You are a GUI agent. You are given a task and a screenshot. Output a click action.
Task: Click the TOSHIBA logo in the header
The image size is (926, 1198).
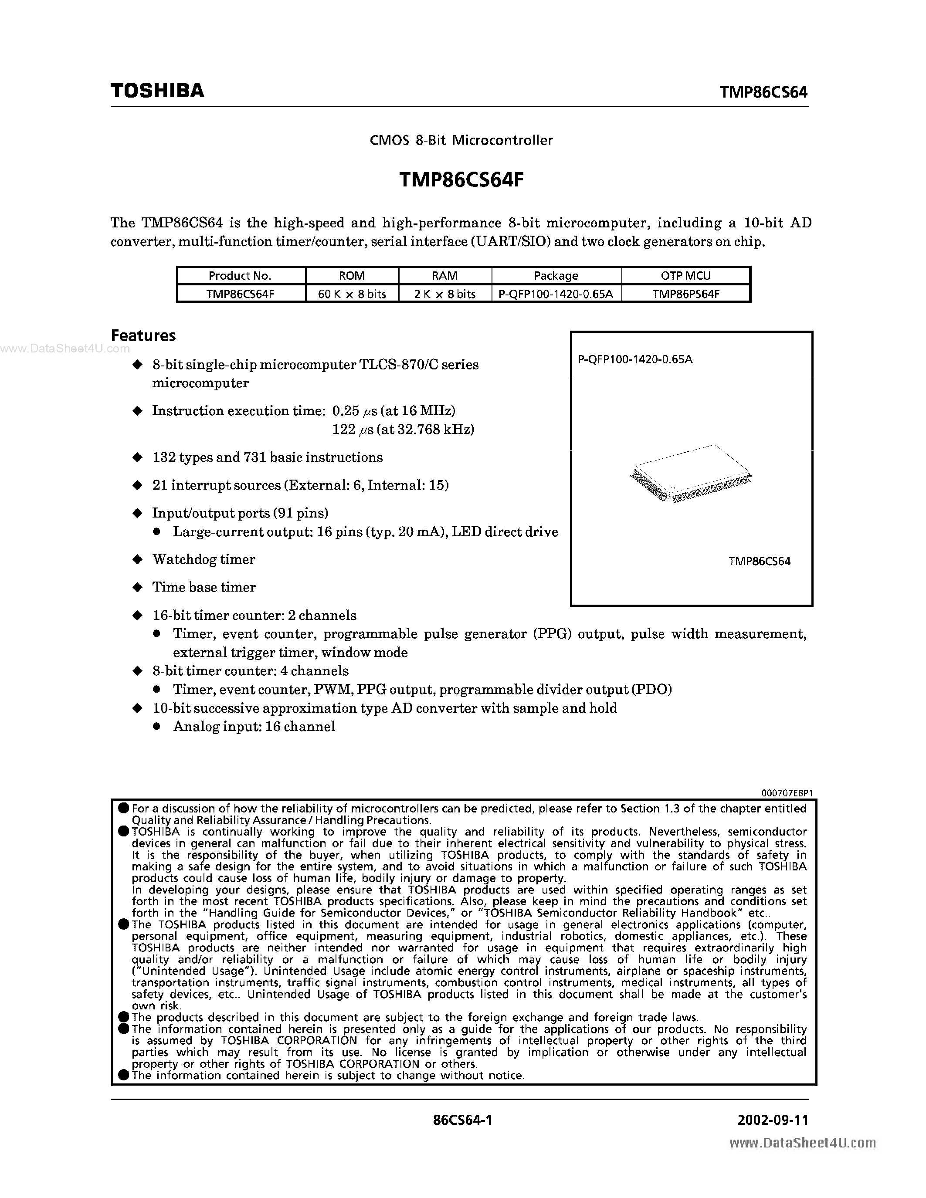click(157, 91)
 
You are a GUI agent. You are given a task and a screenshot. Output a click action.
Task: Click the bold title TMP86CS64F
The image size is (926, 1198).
click(461, 179)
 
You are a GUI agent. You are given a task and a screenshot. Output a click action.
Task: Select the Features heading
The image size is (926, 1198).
click(143, 336)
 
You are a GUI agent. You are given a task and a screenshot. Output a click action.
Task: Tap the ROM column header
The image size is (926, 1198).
click(352, 276)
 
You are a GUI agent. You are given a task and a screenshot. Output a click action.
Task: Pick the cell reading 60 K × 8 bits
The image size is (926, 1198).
click(352, 294)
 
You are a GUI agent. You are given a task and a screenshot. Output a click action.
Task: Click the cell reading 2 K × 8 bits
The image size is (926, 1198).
click(445, 294)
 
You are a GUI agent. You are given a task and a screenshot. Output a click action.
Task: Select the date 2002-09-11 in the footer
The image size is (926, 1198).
click(773, 1120)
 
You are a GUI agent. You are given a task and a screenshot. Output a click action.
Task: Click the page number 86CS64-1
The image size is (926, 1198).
click(462, 1120)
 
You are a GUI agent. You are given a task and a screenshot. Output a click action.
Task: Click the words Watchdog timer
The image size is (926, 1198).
click(204, 559)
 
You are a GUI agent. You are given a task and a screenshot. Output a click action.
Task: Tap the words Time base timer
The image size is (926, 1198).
click(204, 588)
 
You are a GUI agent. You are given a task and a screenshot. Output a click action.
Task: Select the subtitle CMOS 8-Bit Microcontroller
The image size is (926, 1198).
click(461, 140)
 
